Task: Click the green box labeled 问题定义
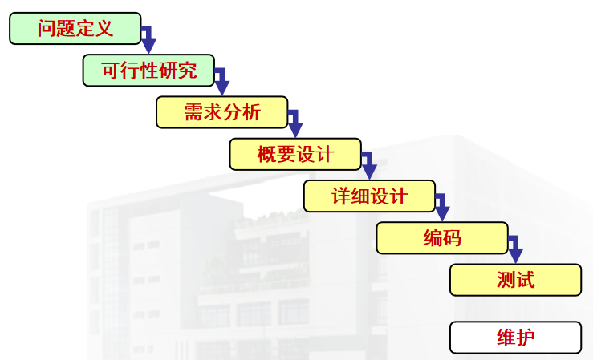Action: point(75,29)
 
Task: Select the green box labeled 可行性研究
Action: point(148,71)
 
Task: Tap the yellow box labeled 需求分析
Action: point(221,112)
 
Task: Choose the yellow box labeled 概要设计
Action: point(294,154)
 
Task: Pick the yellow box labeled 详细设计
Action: point(369,196)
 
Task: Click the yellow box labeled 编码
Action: point(442,238)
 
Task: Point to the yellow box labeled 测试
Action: point(515,280)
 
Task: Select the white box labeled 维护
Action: point(515,338)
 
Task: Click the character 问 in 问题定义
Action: point(47,30)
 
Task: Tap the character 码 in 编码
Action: point(452,238)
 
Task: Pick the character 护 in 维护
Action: point(526,338)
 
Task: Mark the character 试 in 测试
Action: point(526,280)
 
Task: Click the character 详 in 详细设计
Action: point(340,196)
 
